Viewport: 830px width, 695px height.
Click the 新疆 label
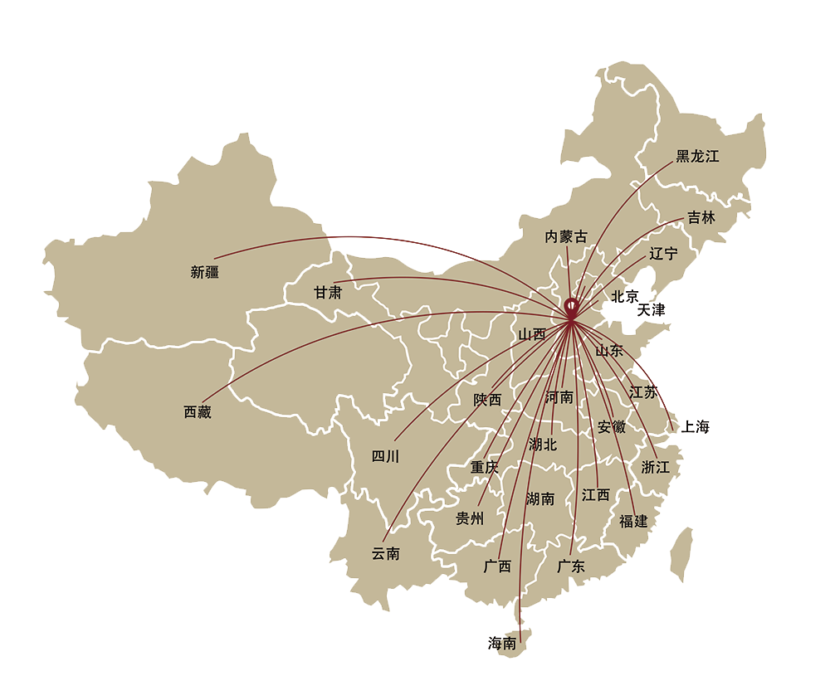tap(205, 272)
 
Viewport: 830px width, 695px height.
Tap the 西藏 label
tap(198, 412)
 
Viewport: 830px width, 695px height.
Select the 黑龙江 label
tap(697, 156)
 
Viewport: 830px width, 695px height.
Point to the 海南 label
tap(502, 643)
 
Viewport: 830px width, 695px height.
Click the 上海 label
tap(696, 428)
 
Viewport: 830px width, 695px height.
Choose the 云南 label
tap(386, 553)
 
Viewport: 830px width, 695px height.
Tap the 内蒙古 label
tap(565, 237)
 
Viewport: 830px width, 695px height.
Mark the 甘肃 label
tap(328, 293)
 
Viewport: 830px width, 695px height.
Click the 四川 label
tap(385, 456)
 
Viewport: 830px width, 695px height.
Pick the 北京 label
tap(625, 296)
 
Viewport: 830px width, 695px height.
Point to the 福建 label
tap(633, 521)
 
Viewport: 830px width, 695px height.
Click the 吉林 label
tap(701, 218)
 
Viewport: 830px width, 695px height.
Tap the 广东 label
tap(571, 567)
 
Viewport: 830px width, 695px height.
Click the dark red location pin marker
tap(572, 307)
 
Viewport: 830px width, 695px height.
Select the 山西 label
tap(532, 335)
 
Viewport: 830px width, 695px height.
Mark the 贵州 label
tap(470, 519)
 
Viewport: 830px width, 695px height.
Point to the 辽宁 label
tap(664, 254)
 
